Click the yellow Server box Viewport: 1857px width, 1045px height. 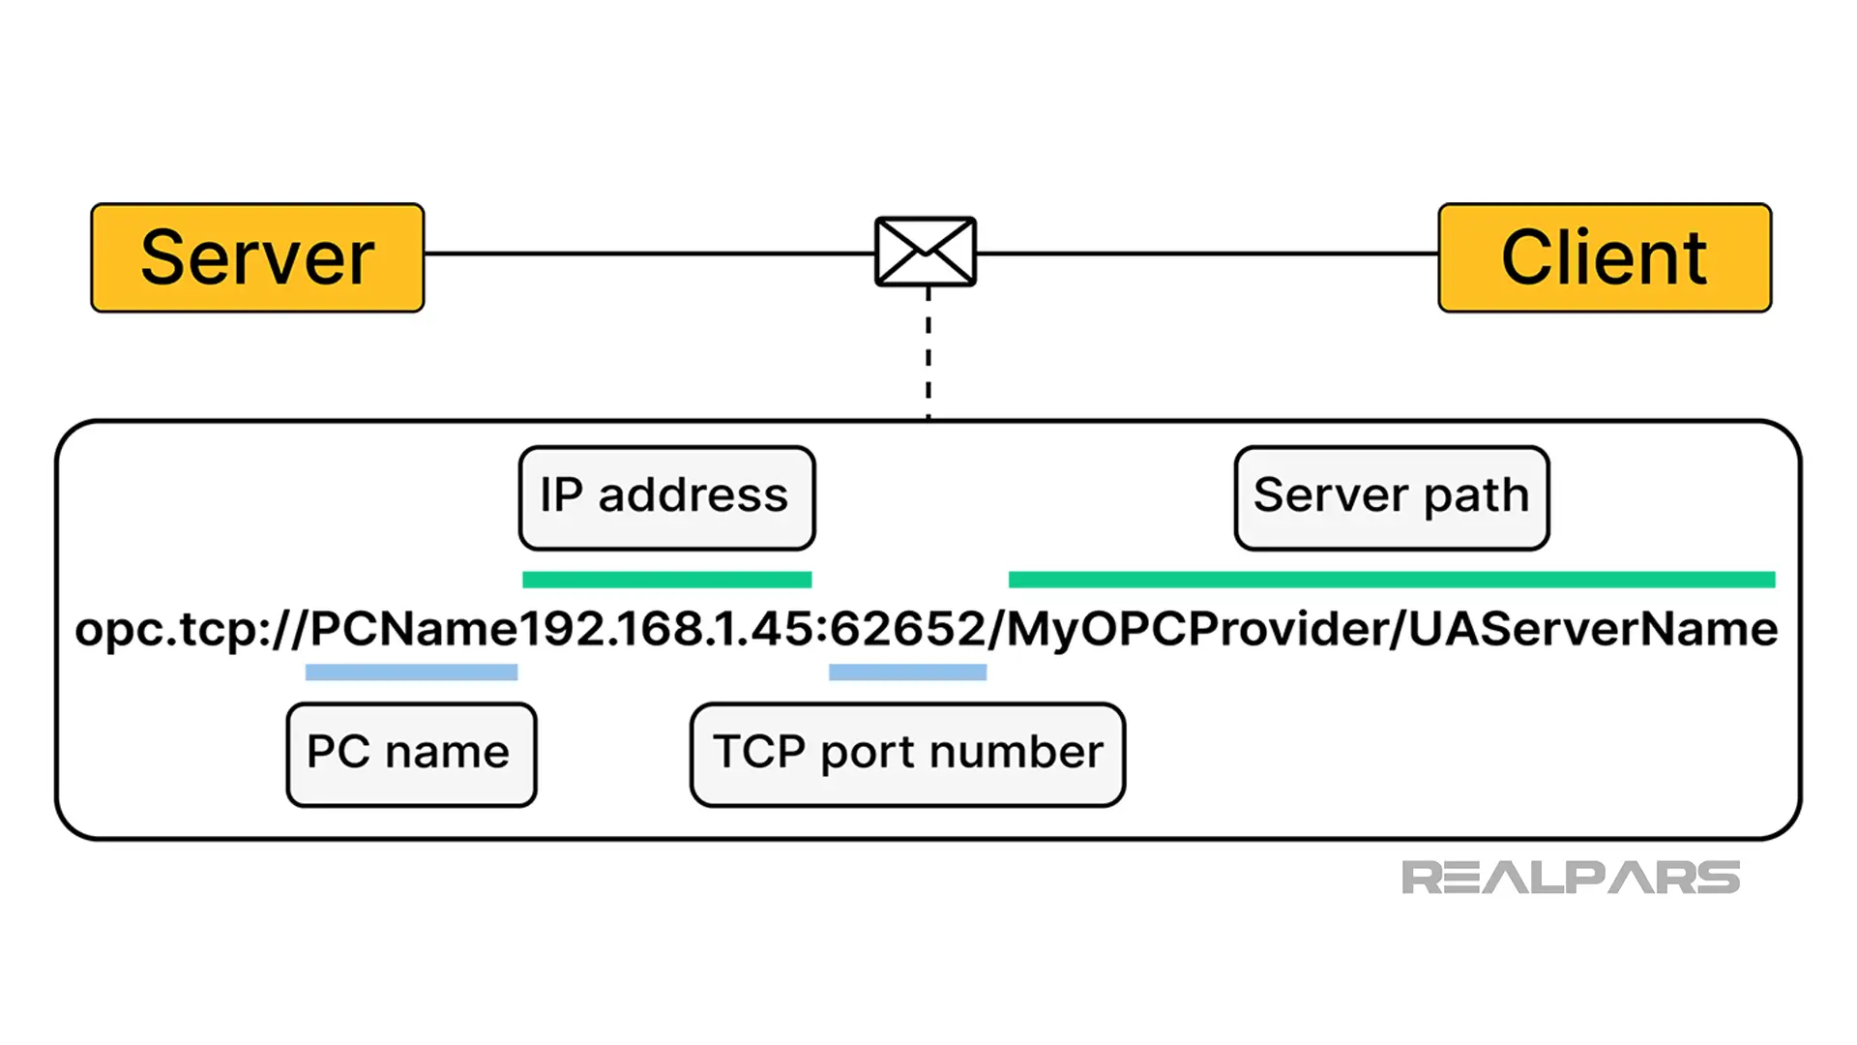[x=257, y=257]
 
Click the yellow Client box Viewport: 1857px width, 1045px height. [x=1605, y=257]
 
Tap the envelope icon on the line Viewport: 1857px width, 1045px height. [x=926, y=252]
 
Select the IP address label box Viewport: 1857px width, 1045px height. [x=666, y=497]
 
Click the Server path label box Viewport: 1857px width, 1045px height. [x=1392, y=497]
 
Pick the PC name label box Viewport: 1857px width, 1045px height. [x=411, y=754]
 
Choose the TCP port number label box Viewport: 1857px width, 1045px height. [x=907, y=754]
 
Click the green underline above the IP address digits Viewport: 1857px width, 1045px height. [x=666, y=580]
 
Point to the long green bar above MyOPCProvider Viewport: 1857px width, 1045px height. [x=1391, y=580]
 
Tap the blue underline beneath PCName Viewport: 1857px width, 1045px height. [x=411, y=672]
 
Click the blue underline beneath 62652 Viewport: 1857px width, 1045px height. [x=907, y=672]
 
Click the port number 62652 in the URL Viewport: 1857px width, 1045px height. [x=907, y=630]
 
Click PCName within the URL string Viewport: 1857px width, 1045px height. [x=414, y=630]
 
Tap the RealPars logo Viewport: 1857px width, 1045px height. [x=1570, y=878]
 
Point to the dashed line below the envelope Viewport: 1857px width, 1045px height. [x=928, y=353]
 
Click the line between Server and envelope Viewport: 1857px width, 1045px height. [x=648, y=254]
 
